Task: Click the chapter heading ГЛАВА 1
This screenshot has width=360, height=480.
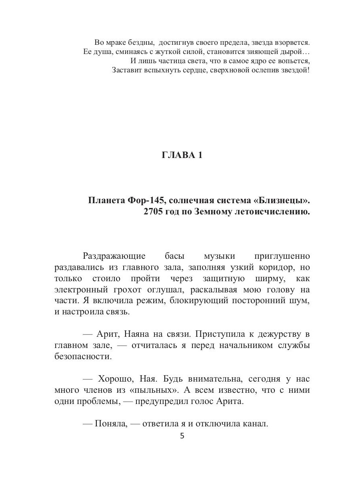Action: point(182,155)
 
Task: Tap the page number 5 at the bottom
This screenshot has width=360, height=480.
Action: point(182,436)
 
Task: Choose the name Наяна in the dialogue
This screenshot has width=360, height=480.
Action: point(137,334)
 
